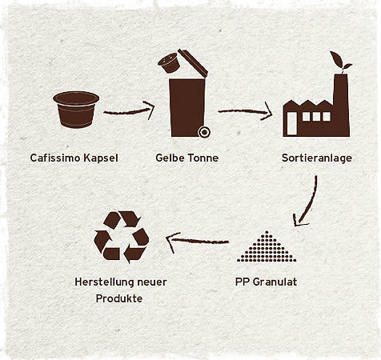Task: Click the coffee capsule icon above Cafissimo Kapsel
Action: coord(76,110)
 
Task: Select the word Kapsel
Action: coord(101,158)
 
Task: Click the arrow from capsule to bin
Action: coord(129,111)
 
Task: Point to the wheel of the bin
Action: coord(204,132)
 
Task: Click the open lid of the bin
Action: coord(193,63)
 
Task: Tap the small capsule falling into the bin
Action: coord(168,63)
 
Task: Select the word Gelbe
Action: coord(170,158)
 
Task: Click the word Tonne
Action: coord(203,158)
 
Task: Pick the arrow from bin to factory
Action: coord(245,111)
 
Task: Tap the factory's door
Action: coord(292,123)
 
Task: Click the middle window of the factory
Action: coord(316,116)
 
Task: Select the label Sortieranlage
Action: coord(317,158)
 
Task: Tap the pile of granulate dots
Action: coord(267,246)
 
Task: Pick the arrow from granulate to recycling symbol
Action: coord(198,242)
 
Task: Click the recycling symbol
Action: coord(122,237)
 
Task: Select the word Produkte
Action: coord(119,298)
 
